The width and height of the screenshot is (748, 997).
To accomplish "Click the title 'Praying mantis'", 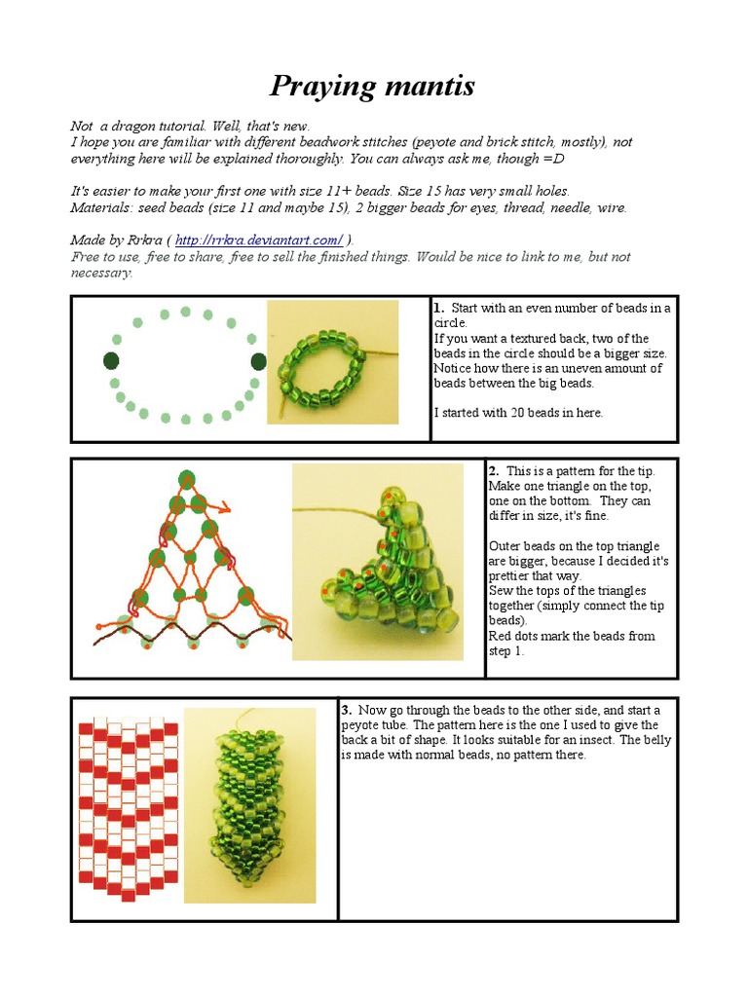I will [x=372, y=87].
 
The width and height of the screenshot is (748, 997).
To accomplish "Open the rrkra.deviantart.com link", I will [x=258, y=240].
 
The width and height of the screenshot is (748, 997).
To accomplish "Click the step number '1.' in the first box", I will [x=439, y=309].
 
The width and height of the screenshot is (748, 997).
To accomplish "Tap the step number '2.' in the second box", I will [x=494, y=471].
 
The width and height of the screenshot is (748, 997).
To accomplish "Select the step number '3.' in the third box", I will [x=347, y=710].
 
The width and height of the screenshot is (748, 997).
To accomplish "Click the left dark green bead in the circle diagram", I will [x=111, y=361].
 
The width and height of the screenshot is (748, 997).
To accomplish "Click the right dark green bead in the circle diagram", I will [x=258, y=361].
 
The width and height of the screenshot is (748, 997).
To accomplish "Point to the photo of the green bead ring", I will [x=332, y=362].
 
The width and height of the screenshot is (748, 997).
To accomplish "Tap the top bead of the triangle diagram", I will [x=186, y=477].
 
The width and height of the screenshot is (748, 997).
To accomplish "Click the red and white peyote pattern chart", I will [x=128, y=808].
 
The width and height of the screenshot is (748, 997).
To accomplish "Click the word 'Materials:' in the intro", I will [x=99, y=207].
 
